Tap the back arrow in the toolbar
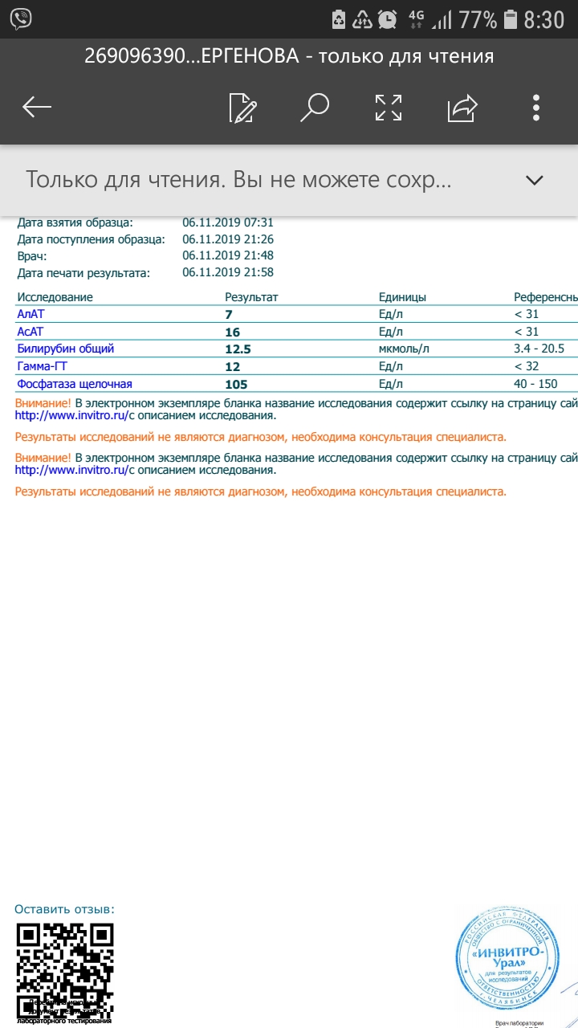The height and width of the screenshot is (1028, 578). click(37, 108)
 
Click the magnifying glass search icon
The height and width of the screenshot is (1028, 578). click(315, 107)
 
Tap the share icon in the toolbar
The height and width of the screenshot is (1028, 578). click(462, 108)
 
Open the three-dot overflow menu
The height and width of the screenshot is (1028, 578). click(536, 108)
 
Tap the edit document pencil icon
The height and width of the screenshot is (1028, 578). click(242, 108)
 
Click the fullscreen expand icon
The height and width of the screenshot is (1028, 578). click(389, 108)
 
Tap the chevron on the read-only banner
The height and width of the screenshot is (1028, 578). click(534, 180)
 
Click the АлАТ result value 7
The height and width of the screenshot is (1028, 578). click(229, 315)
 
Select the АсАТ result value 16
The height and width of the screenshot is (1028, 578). click(233, 332)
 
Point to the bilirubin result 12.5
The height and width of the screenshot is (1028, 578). click(238, 349)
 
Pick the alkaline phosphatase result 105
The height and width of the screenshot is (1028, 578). click(236, 384)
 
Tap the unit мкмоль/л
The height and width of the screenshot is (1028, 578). click(404, 349)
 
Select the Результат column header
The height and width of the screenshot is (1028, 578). click(251, 297)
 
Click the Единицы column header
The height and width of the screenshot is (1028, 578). click(402, 297)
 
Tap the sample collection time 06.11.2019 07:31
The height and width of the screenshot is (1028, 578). click(228, 222)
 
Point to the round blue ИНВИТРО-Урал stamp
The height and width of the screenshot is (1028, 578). click(507, 959)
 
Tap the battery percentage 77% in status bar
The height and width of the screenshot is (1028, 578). click(478, 19)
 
